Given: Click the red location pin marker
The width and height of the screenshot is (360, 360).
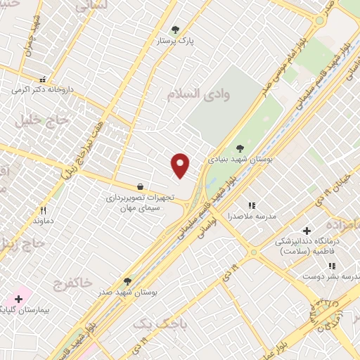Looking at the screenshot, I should tap(181, 165).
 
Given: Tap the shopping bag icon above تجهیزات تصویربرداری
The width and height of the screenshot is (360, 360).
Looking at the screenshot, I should tap(141, 186).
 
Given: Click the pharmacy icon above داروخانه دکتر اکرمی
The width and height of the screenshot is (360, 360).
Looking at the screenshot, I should tap(43, 79).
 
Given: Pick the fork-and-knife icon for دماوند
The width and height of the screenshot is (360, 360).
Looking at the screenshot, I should tap(43, 210).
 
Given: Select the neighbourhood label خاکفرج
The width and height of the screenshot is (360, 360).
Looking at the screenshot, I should tap(72, 283).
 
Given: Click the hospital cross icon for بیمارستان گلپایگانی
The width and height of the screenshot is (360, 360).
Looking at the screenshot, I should tap(18, 298).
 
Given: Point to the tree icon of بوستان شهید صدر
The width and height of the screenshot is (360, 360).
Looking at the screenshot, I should tap(127, 281).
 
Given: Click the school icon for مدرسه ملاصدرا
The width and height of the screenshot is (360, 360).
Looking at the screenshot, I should tap(252, 205).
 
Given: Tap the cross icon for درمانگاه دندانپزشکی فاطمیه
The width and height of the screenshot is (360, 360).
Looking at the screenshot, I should tap(306, 231).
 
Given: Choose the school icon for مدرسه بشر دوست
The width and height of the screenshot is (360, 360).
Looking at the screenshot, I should tap(331, 266).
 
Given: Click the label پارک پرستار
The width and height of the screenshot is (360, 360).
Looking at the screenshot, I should tap(175, 41).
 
